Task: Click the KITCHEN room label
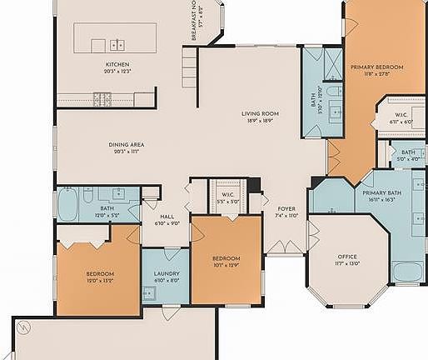pyautogui.click(x=117, y=64)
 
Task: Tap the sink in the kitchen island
pyautogui.click(x=117, y=44)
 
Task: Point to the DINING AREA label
pyautogui.click(x=127, y=145)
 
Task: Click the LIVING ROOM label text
pyautogui.click(x=259, y=113)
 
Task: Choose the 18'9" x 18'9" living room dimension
pyautogui.click(x=259, y=121)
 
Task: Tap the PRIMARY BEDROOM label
pyautogui.click(x=376, y=67)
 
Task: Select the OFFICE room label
pyautogui.click(x=347, y=256)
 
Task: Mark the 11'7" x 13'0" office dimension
pyautogui.click(x=347, y=263)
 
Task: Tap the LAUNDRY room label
pyautogui.click(x=167, y=273)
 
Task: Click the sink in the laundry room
pyautogui.click(x=148, y=292)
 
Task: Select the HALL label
pyautogui.click(x=167, y=216)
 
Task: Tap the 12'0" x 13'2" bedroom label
pyautogui.click(x=100, y=274)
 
